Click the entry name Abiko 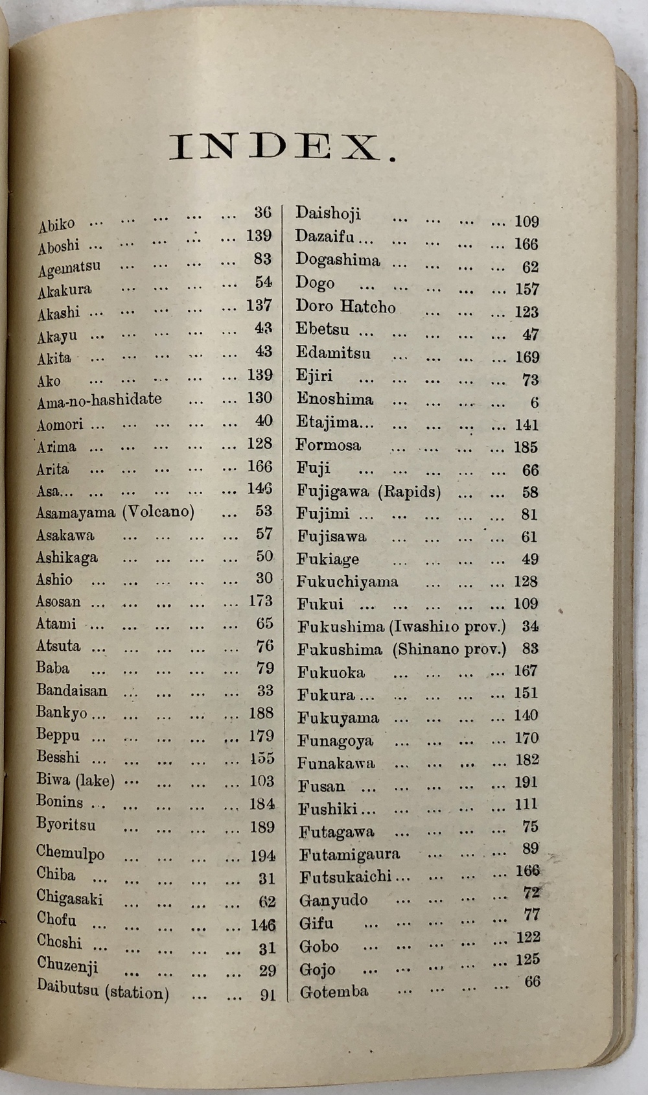click(56, 224)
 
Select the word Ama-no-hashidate click(99, 400)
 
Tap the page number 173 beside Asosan click(260, 601)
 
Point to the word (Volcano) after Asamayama click(159, 512)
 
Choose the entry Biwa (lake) click(75, 780)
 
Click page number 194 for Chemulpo click(262, 856)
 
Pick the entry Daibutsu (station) click(102, 989)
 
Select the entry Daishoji click(328, 213)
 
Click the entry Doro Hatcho click(345, 306)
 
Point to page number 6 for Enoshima click(534, 403)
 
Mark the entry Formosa click(329, 445)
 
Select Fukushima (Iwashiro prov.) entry click(402, 627)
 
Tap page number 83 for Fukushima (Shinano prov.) click(529, 648)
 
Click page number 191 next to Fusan click(526, 783)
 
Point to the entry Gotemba click(334, 991)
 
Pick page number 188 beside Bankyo click(261, 714)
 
